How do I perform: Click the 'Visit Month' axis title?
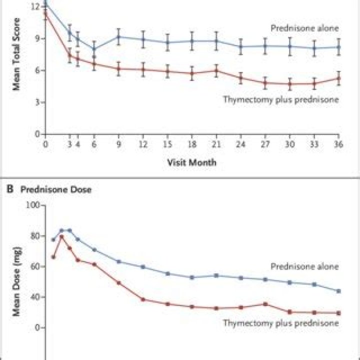192,162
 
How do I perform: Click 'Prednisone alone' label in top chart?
304,28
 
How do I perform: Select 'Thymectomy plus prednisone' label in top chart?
280,99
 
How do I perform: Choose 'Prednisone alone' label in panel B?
304,266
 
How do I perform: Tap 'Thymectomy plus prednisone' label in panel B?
280,323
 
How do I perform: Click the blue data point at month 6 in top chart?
94,49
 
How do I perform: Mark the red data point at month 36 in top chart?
338,78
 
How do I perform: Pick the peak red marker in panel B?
61,237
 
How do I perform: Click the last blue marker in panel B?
338,291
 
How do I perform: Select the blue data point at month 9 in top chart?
118,36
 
